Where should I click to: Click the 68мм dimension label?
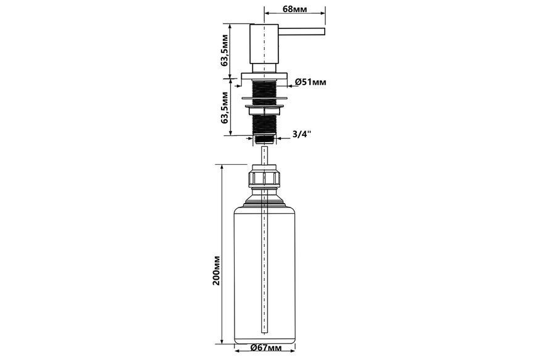[x=294, y=9]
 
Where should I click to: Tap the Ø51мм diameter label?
[x=310, y=82]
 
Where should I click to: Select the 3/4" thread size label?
[x=302, y=134]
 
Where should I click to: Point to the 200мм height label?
[x=217, y=270]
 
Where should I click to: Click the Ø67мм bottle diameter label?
[x=266, y=348]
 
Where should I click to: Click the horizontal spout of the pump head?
[x=301, y=31]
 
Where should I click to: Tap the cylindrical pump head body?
[x=264, y=44]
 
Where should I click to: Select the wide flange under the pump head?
[x=264, y=77]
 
